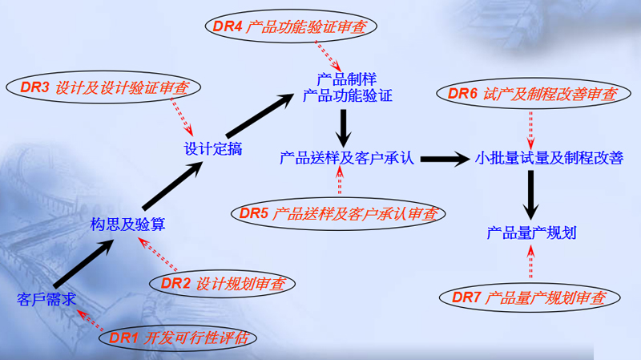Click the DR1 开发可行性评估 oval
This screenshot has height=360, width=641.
pyautogui.click(x=179, y=338)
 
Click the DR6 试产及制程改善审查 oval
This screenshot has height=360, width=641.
pyautogui.click(x=531, y=94)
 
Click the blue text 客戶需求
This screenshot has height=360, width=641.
pyautogui.click(x=46, y=300)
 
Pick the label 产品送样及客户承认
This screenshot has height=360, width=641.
pyautogui.click(x=346, y=158)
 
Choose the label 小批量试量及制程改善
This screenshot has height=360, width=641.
pyautogui.click(x=549, y=158)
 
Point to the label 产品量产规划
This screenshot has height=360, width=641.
pyautogui.click(x=531, y=233)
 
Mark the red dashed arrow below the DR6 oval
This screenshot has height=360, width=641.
pyautogui.click(x=531, y=127)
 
